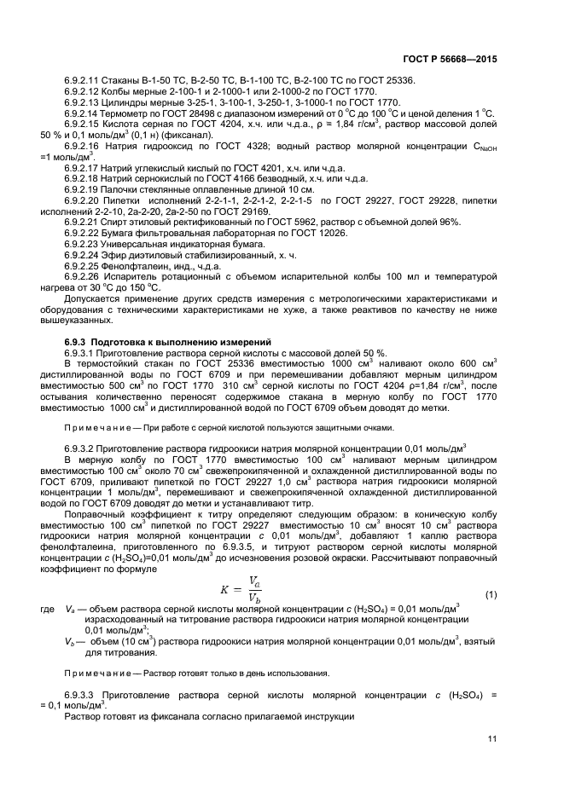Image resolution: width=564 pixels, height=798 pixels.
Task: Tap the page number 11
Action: (x=492, y=739)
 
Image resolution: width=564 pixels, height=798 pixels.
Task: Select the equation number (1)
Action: (x=491, y=593)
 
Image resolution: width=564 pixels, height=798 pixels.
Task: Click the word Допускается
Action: (x=93, y=299)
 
